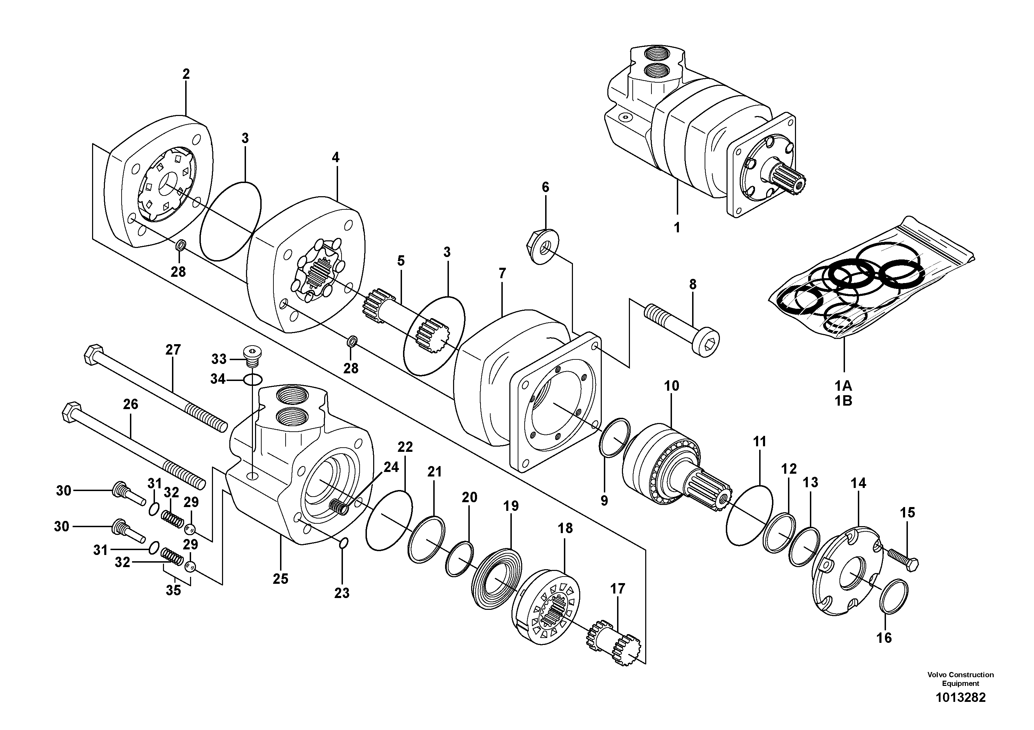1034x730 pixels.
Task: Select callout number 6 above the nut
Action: pos(545,187)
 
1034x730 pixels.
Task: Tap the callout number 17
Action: pos(617,589)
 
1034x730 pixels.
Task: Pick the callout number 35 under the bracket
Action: pos(173,590)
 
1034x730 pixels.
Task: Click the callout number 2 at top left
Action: pos(186,74)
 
